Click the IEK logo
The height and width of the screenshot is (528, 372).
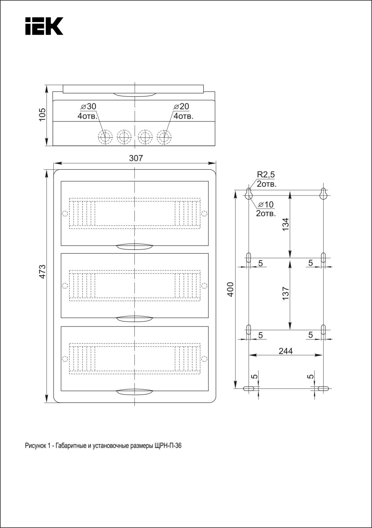(44, 26)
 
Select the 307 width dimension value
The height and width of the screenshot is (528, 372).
(136, 158)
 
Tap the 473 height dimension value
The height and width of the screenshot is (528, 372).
(42, 271)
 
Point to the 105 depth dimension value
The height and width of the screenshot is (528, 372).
(42, 114)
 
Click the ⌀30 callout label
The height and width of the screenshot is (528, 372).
(88, 106)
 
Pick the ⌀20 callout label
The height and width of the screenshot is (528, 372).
(181, 106)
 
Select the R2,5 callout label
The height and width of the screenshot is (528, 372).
(266, 175)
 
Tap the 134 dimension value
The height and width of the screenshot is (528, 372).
(286, 224)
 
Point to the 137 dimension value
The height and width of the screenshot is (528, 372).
(286, 293)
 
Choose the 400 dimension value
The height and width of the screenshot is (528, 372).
(230, 289)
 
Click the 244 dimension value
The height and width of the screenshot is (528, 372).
(286, 351)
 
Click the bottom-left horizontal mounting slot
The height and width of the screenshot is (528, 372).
(249, 388)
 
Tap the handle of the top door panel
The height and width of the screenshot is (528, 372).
(135, 247)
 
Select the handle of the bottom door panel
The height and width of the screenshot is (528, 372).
(135, 392)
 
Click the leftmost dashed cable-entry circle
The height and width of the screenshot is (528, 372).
(105, 136)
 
